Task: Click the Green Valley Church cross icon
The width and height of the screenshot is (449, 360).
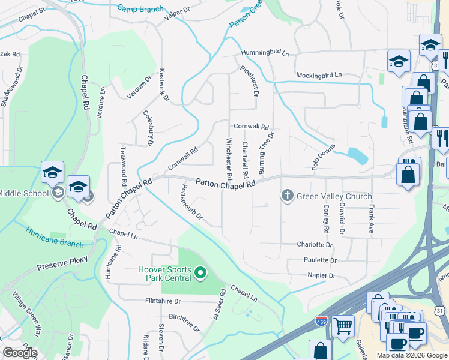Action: pos(287,196)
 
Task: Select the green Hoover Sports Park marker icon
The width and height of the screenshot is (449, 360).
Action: pos(202,274)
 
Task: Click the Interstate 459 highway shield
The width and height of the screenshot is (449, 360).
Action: pos(322,322)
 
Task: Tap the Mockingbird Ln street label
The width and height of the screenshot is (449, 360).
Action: pos(318,75)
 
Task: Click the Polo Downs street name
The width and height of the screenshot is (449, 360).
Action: pos(323,159)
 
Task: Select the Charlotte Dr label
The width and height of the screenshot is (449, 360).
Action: pos(315,245)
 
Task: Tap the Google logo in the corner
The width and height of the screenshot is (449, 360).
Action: pos(20,352)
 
